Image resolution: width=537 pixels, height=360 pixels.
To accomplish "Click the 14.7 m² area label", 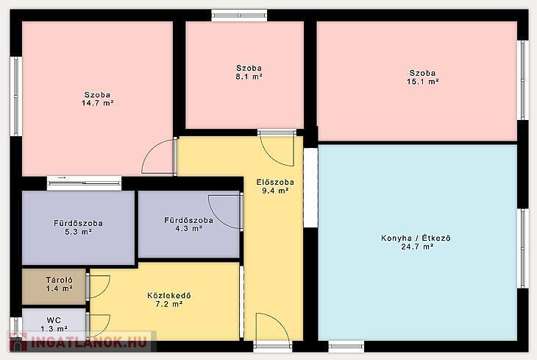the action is [98, 103].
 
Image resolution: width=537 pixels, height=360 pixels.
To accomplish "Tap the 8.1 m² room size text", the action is [249, 77].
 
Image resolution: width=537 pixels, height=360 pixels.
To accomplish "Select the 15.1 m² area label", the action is [423, 82].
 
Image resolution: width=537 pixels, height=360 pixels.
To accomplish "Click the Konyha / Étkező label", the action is [416, 238].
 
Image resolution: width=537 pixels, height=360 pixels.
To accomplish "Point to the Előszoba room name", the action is [275, 182].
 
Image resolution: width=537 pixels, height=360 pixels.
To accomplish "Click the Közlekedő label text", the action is [169, 295].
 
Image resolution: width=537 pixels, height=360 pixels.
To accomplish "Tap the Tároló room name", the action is [60, 280].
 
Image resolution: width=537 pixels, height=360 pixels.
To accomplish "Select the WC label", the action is [54, 320].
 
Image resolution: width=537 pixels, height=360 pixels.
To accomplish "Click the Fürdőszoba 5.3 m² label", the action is [78, 227].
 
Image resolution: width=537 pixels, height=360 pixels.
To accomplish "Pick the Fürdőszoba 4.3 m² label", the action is [189, 225].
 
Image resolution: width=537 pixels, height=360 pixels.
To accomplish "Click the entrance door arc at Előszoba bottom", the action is [281, 322].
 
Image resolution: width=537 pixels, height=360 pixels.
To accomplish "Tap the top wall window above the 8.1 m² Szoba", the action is [239, 15].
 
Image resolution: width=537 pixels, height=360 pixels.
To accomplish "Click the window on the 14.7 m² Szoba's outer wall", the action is [15, 96].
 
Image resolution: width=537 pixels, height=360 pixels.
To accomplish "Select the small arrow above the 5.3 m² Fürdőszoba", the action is [62, 178].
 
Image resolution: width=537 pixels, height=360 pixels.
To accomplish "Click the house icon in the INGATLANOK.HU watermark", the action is [18, 342].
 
